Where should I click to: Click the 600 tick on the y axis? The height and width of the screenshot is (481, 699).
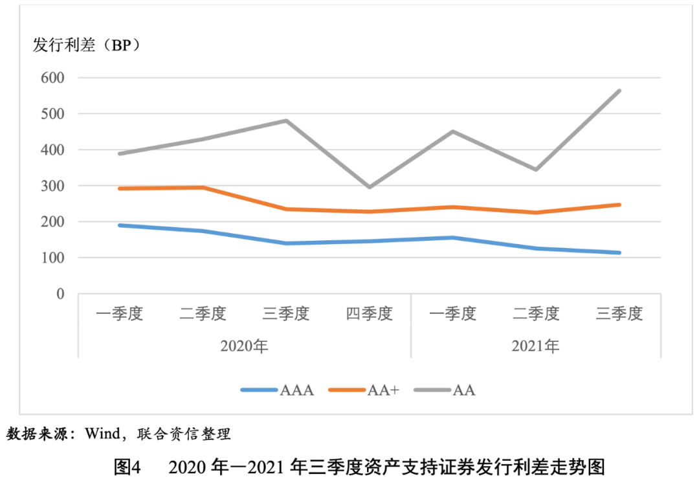(x=52, y=78)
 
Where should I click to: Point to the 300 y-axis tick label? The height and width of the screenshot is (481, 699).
(x=52, y=186)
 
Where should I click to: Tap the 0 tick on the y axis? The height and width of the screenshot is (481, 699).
(x=60, y=294)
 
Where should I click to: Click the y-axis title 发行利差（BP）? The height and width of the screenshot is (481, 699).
(x=87, y=45)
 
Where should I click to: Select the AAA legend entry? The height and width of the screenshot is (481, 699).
(x=278, y=390)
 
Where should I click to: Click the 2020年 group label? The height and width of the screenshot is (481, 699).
(x=244, y=346)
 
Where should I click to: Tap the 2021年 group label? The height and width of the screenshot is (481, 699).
(x=535, y=346)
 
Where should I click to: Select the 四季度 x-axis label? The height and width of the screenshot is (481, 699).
(x=369, y=315)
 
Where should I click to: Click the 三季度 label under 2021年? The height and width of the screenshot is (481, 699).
(x=619, y=315)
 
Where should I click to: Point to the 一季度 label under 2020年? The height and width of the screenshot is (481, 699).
(x=119, y=315)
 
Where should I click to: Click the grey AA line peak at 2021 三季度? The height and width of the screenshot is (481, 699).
(x=619, y=91)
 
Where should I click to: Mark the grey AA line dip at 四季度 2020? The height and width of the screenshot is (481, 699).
(x=369, y=187)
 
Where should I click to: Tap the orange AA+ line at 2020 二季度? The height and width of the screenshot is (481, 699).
(x=203, y=188)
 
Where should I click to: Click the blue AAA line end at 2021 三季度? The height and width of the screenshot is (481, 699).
(x=619, y=252)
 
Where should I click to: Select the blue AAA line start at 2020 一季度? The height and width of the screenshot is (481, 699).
(x=120, y=225)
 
